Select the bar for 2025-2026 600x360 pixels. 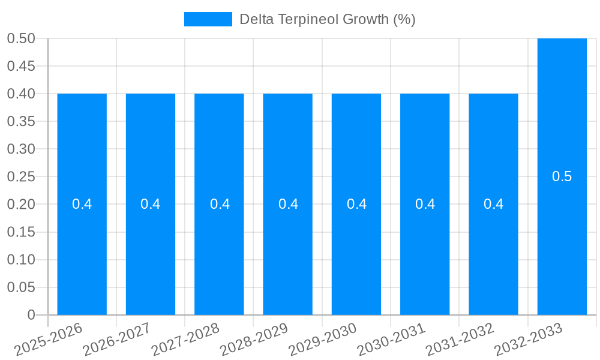click(82, 240)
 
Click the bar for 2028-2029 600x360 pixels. click(287, 240)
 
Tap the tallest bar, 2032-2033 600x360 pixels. click(562, 240)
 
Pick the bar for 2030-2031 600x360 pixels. click(425, 240)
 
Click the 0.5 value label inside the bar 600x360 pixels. click(562, 176)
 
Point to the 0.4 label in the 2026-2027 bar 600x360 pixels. click(150, 204)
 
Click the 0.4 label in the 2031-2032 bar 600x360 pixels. click(493, 204)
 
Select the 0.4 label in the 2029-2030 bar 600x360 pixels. click(356, 204)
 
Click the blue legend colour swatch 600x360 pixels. click(208, 19)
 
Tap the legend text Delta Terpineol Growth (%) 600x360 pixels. click(327, 19)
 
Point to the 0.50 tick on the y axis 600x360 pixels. click(21, 38)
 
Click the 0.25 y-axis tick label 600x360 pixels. click(21, 176)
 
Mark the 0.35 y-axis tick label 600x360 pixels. click(21, 121)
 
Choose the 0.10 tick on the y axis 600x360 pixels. click(21, 260)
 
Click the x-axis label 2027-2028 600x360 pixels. click(186, 340)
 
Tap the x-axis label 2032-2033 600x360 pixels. click(529, 340)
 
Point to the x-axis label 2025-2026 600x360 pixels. click(49, 340)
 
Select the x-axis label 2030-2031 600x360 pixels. click(391, 340)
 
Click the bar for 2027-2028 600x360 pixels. click(219, 240)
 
